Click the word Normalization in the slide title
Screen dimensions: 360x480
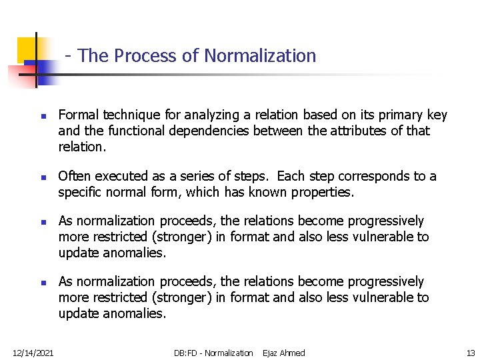260,56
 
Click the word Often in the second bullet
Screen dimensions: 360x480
73,177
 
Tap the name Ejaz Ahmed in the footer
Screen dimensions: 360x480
284,353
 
